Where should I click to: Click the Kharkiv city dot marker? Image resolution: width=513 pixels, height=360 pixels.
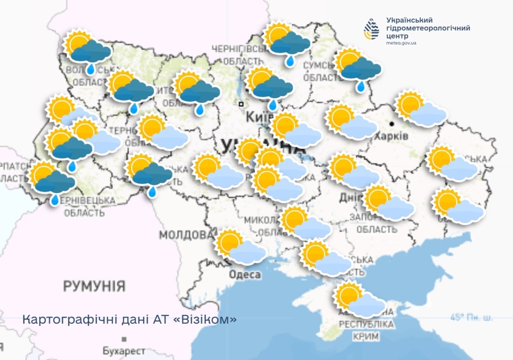click(392, 124)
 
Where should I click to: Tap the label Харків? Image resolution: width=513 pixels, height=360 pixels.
click(391, 136)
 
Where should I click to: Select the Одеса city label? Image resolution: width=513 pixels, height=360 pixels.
click(245, 274)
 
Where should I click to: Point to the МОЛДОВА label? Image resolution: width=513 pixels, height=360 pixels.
click(186, 235)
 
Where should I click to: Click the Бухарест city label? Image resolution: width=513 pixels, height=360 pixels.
click(124, 351)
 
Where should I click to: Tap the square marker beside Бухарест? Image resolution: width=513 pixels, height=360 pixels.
click(124, 339)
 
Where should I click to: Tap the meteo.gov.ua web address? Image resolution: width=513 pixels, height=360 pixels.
click(401, 43)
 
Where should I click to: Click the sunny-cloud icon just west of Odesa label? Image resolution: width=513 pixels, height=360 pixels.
click(240, 247)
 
